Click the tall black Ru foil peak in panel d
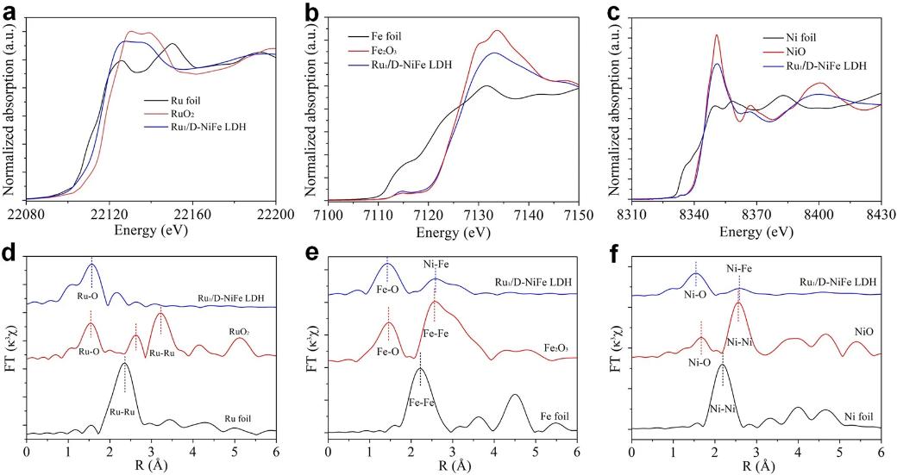tap(125, 365)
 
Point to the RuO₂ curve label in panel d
tap(239, 328)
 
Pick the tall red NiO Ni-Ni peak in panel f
tap(738, 303)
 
